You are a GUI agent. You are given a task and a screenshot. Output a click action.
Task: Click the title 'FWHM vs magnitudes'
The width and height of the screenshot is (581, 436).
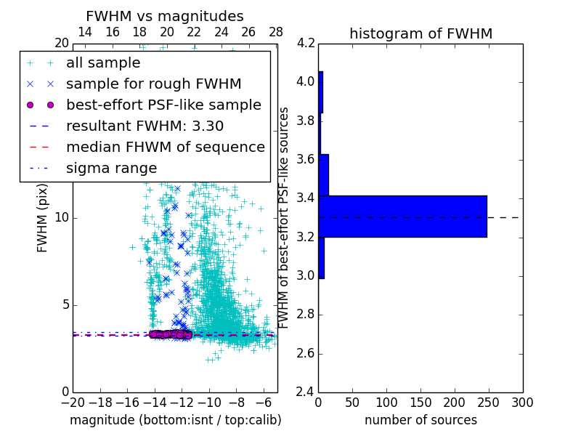click(165, 16)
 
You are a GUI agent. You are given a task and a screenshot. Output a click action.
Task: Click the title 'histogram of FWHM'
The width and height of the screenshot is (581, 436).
click(420, 33)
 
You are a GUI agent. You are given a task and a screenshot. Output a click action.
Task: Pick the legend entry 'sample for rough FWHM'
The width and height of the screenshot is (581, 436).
click(153, 84)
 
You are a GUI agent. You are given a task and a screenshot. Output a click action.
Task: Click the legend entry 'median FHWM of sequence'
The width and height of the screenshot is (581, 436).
click(165, 148)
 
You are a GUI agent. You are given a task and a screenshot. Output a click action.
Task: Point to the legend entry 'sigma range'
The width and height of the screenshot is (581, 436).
click(111, 169)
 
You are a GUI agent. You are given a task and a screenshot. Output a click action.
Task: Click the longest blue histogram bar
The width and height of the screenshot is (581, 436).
click(402, 216)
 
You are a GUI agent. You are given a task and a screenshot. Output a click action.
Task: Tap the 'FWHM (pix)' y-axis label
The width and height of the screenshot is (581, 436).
click(43, 218)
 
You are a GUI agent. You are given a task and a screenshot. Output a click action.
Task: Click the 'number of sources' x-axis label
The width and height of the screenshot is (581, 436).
click(420, 420)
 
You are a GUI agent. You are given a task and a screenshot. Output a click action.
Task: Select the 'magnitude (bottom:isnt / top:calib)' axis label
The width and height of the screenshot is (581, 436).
click(175, 420)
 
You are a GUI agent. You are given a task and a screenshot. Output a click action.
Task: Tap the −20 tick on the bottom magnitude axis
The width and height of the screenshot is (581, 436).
click(73, 402)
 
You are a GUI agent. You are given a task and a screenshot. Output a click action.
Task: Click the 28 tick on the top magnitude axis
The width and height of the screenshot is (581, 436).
click(276, 32)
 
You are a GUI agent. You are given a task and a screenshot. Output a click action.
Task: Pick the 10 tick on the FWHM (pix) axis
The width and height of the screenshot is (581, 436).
click(61, 218)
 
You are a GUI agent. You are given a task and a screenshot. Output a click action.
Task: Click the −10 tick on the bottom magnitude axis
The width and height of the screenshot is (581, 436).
click(209, 402)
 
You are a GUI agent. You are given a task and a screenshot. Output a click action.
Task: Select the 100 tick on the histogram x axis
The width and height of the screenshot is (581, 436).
click(386, 402)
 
